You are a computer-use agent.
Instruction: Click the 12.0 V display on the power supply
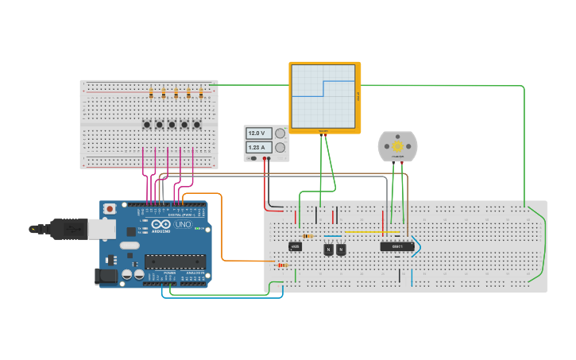(258, 133)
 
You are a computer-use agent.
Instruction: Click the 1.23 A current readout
(258, 147)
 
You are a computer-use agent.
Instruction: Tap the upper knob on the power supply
(280, 134)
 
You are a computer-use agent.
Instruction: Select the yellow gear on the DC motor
(396, 145)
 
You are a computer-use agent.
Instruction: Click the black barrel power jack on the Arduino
(106, 276)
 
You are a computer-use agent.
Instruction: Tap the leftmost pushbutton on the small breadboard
(147, 124)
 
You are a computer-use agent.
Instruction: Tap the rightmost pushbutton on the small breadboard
(197, 124)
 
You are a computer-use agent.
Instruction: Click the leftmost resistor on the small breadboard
(151, 94)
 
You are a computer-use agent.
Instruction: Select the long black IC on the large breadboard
(396, 246)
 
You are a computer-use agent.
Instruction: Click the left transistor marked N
(328, 249)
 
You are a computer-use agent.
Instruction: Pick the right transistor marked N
(341, 249)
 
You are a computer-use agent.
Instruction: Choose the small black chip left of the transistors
(296, 246)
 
